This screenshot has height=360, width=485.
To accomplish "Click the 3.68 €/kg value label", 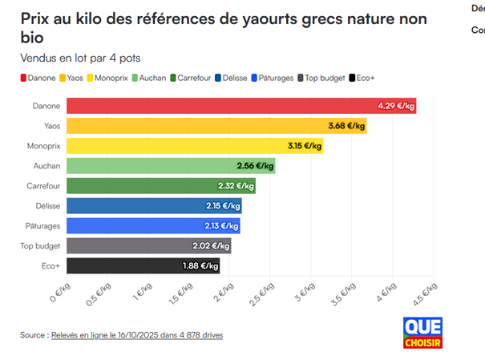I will pos(346,126).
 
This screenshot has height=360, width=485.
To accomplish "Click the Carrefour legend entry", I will pos(193,78).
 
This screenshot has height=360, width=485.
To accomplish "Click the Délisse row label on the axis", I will pos(46,206).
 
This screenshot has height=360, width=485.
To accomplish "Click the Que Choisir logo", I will pos(422,333).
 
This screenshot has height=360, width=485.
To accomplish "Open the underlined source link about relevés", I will pos(137,334).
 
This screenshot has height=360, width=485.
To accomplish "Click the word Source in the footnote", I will pos(33,334).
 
